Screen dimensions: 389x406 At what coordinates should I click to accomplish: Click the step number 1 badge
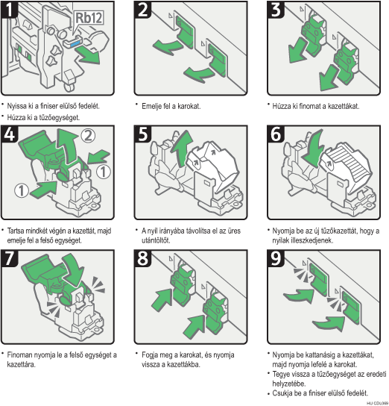pos(9,10)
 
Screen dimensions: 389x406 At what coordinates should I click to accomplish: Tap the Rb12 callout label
pos(89,18)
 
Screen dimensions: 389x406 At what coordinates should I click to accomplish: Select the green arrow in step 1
pos(88,54)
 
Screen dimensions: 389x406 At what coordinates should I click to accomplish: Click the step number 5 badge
pos(142,134)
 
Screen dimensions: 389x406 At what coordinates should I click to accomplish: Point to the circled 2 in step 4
pos(88,135)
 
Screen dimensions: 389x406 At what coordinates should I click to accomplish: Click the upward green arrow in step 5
pos(182,148)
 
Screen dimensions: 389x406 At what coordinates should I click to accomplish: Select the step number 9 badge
pos(275,258)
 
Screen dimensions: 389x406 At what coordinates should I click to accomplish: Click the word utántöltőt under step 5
pos(156,240)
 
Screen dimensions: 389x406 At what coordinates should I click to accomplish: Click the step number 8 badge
pos(142,258)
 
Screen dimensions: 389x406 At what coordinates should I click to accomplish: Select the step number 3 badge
pos(275,10)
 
